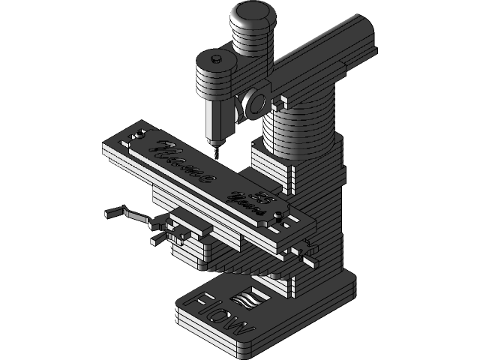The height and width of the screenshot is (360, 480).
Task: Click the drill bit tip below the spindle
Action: [x=215, y=151]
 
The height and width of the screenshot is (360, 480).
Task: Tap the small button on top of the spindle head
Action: [x=215, y=56]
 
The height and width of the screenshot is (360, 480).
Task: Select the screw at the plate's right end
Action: [x=280, y=216]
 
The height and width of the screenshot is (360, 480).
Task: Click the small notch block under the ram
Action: [x=283, y=97]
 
